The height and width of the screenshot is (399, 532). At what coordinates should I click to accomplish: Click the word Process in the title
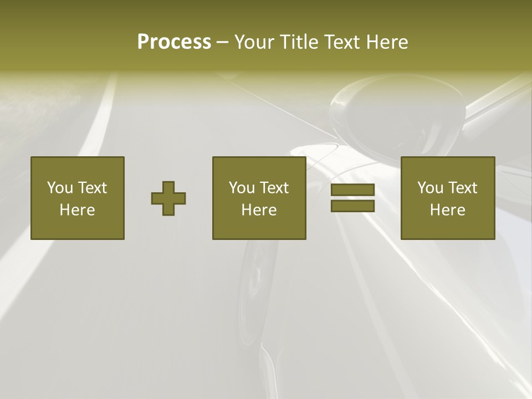click(174, 42)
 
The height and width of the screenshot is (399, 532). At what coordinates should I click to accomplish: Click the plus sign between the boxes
click(168, 198)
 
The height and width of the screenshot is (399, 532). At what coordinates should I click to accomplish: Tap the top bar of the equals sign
click(352, 190)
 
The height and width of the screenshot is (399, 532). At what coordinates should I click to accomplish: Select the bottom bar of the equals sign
click(352, 206)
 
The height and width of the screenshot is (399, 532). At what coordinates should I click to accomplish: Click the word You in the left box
click(60, 188)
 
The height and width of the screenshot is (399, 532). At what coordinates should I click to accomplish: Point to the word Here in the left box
click(77, 210)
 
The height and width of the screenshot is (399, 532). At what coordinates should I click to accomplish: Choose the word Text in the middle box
click(274, 188)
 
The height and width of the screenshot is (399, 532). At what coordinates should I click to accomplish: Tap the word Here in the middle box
click(259, 210)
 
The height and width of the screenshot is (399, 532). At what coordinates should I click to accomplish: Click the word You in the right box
click(430, 188)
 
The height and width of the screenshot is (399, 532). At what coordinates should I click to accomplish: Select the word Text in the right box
click(463, 188)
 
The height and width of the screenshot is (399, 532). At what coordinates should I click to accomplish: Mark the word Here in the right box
click(447, 210)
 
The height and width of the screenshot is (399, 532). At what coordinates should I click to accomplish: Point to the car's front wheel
click(258, 277)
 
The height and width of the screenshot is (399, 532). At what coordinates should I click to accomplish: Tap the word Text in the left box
click(93, 188)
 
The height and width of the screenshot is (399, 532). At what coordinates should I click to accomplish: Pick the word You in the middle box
click(242, 188)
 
